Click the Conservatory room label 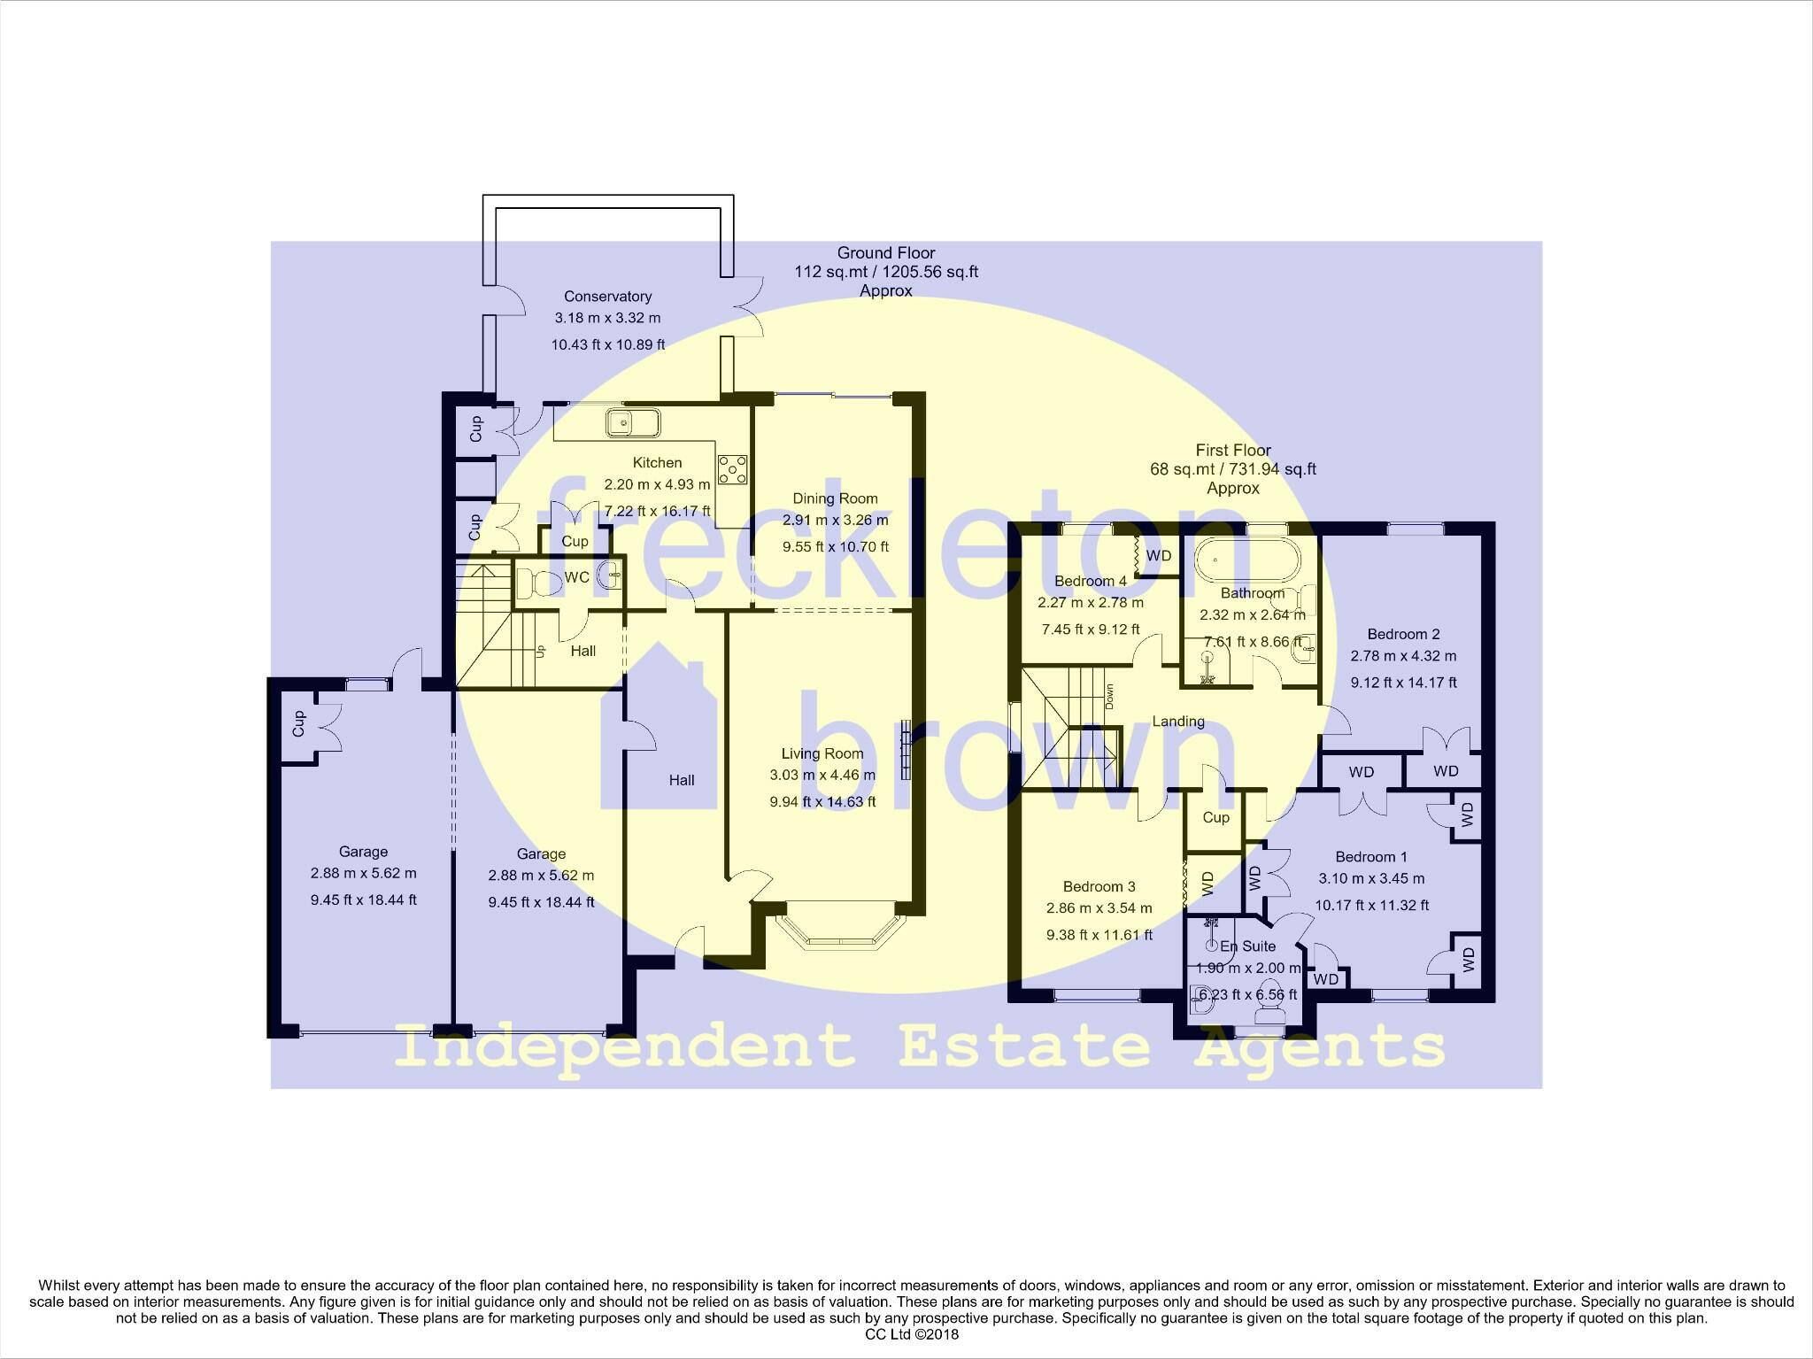607,297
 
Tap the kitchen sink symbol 632,423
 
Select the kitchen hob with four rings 733,469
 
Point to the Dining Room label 835,498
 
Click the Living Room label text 822,753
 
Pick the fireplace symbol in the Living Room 906,749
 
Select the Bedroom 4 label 1090,581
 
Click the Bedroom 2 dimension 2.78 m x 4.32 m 1403,656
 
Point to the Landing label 1178,722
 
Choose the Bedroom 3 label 1099,886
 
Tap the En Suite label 1248,946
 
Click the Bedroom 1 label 1371,857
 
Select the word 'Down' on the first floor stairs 1109,696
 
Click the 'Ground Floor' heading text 886,253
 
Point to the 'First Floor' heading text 1233,451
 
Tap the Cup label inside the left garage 298,723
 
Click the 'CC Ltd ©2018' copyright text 912,1334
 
